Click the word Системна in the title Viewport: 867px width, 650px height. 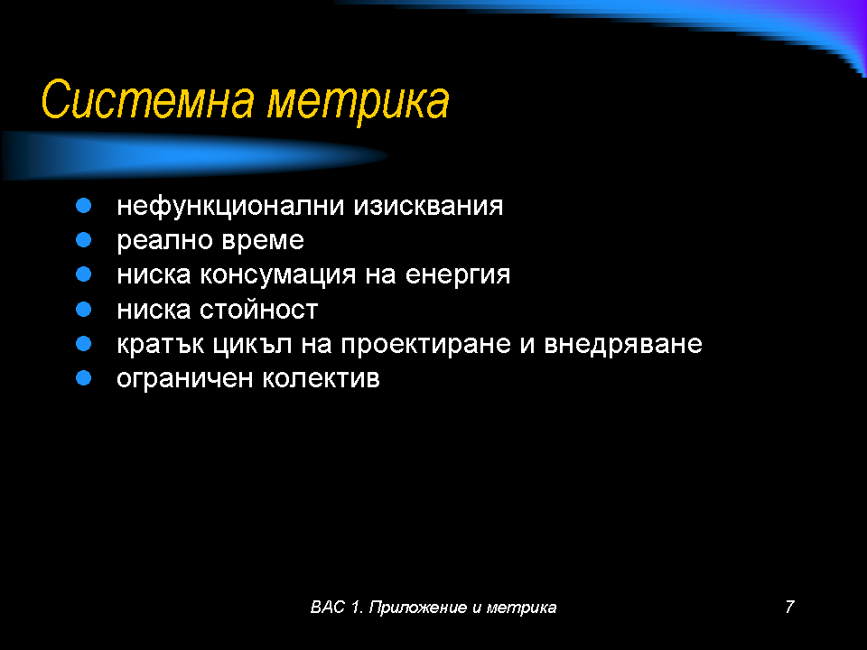pos(147,99)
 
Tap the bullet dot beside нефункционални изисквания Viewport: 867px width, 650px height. pos(83,206)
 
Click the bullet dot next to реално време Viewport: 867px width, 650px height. pos(83,240)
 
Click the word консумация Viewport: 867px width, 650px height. pos(277,275)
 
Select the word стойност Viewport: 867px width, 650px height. pos(259,310)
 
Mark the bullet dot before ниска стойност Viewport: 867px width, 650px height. pos(83,309)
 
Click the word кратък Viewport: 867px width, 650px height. pos(161,344)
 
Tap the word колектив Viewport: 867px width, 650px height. pos(321,378)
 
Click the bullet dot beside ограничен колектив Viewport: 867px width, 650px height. pos(83,378)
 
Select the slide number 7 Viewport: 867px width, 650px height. pos(789,607)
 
